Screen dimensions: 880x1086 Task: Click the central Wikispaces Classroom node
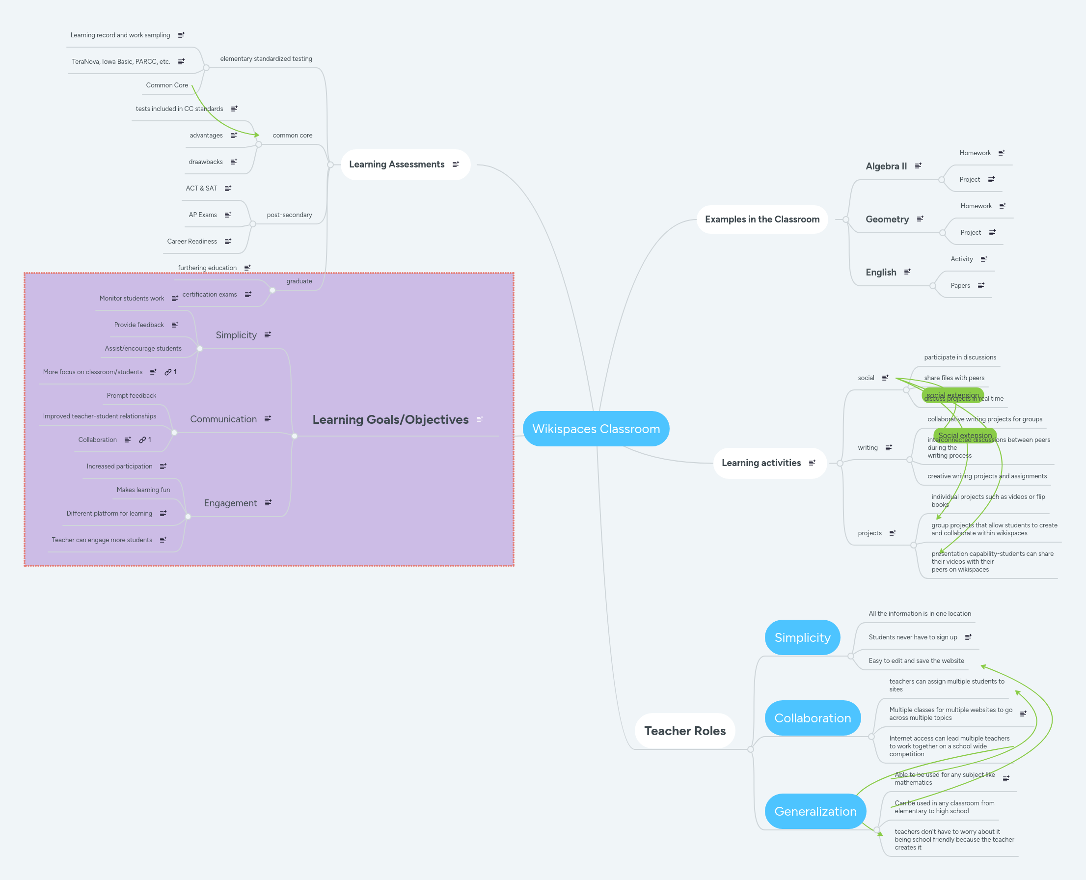click(x=596, y=429)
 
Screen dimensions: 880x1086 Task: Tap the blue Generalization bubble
click(x=815, y=811)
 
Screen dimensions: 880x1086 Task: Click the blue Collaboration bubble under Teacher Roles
click(x=813, y=718)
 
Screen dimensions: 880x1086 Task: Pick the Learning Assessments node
click(x=396, y=164)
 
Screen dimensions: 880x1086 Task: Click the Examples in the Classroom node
click(x=761, y=219)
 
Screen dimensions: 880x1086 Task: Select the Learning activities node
click(x=760, y=463)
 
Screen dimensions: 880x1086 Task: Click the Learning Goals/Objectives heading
click(x=390, y=419)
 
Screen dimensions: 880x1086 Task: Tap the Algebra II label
click(x=886, y=166)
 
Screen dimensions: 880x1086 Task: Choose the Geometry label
click(x=887, y=219)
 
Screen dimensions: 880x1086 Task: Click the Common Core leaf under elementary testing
click(x=167, y=85)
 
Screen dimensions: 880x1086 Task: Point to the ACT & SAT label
click(x=201, y=188)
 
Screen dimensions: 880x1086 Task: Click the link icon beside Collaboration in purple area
click(x=142, y=440)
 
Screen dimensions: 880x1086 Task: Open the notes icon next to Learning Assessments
click(x=456, y=164)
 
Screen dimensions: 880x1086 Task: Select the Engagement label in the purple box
click(x=230, y=503)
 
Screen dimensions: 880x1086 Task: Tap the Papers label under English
click(x=960, y=285)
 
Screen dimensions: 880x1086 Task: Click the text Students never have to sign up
click(x=912, y=637)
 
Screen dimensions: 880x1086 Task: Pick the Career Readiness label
click(x=191, y=241)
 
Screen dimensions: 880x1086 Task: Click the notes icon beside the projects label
click(x=893, y=533)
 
